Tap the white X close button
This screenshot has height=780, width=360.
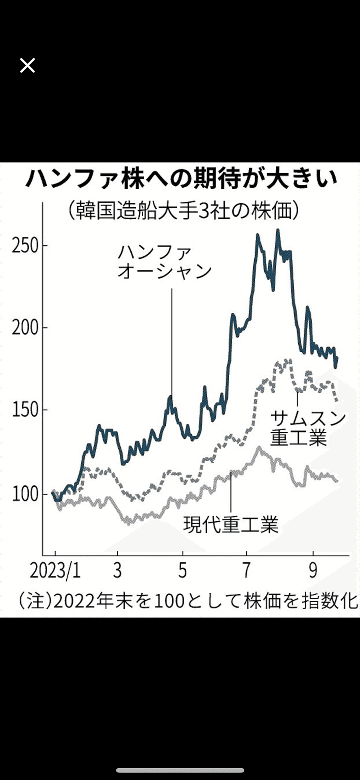[x=28, y=65]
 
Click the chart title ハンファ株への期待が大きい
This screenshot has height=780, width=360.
[x=181, y=179]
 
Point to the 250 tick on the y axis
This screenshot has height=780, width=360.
[x=25, y=246]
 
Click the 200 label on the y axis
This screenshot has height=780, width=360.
[x=25, y=328]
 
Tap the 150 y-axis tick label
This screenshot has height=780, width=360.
[x=25, y=410]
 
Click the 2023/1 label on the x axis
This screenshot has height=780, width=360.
[x=55, y=571]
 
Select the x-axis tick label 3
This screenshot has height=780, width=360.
[x=117, y=571]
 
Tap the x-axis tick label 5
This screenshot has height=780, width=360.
[x=183, y=571]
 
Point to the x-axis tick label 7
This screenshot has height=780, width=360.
[x=246, y=571]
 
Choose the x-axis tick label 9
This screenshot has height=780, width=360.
[x=313, y=571]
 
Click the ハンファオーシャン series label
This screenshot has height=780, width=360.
[x=164, y=262]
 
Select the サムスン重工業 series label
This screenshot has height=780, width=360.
[x=307, y=428]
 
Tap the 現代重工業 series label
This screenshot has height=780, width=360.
[x=231, y=524]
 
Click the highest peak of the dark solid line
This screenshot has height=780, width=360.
[x=278, y=230]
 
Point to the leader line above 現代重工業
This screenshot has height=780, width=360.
[x=231, y=492]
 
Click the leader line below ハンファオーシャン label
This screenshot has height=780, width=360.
[x=171, y=341]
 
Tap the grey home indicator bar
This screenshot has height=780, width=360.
[x=180, y=770]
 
